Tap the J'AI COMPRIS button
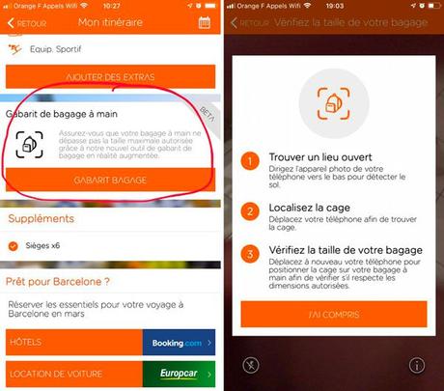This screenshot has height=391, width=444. (333, 314)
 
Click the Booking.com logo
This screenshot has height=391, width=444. (178, 342)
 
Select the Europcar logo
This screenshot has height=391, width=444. (178, 374)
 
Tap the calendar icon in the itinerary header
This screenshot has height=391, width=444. (205, 22)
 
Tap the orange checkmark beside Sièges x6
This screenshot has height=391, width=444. (13, 245)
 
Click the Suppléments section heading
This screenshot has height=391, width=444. (42, 219)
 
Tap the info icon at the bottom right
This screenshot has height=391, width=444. (417, 365)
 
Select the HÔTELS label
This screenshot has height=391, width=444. (25, 342)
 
